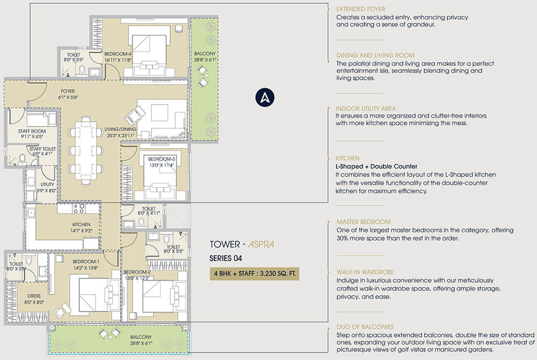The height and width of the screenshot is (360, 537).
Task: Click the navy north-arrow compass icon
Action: coord(265,98)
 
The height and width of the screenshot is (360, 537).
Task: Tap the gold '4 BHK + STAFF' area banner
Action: coord(255,274)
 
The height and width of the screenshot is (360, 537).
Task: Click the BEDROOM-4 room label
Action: coord(118,54)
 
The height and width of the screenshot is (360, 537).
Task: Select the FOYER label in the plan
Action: coord(68,91)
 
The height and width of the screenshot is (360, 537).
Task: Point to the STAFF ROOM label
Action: coord(32,131)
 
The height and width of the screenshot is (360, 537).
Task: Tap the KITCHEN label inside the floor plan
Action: coord(81,224)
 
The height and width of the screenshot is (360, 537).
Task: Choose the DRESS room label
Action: coord(34,296)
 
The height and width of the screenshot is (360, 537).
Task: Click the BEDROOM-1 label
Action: coord(85,262)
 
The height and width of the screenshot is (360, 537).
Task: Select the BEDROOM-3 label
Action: coord(161,159)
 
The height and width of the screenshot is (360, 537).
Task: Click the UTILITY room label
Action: coord(47,185)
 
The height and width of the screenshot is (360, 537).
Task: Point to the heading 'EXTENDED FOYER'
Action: coord(361,9)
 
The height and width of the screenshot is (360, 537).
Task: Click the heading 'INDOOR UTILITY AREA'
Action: coord(366,108)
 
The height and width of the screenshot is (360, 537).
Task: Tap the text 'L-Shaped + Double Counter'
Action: coord(376,167)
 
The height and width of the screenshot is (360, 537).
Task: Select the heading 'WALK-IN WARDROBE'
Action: coord(365,272)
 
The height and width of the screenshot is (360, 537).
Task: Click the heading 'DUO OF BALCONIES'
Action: coord(365,327)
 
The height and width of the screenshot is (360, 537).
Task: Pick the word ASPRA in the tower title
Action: coord(261,244)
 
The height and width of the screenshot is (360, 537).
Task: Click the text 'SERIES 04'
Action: coord(226,259)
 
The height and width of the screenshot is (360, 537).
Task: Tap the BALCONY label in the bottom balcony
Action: coord(141,337)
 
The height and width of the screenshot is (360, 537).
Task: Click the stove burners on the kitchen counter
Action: coord(79,208)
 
